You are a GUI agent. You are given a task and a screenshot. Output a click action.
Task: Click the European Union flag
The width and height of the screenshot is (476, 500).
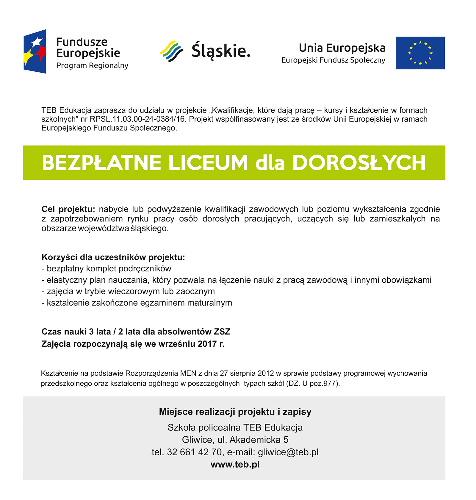pos(420,53)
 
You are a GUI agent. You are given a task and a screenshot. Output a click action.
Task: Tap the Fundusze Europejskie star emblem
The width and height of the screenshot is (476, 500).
pos(35,51)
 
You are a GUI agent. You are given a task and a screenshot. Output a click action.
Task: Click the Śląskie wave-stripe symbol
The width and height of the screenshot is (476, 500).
pos(172,51)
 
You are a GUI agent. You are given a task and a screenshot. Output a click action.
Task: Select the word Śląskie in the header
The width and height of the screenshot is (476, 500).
pos(221,51)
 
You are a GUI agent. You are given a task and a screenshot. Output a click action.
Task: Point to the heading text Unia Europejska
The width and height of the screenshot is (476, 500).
pos(342,48)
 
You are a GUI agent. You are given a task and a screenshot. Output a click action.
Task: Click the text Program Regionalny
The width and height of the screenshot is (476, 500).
pos(92,65)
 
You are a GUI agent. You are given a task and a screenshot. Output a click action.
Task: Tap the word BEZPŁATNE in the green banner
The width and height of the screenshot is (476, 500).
pos(101,163)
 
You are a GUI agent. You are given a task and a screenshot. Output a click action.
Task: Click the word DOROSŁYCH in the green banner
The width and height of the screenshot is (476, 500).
pos(359,163)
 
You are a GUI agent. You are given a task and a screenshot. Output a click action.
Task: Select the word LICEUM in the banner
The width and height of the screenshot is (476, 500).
pos(208,163)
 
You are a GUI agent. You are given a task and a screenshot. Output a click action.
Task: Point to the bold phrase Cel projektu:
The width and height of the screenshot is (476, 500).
pos(68,209)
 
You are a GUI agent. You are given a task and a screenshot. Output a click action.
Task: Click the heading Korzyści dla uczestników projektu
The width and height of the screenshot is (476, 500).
pos(113,257)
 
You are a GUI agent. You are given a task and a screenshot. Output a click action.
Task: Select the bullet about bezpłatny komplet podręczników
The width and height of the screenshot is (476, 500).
pos(107,268)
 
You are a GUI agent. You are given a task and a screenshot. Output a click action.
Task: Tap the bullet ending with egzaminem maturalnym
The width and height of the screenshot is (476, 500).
pos(137,303)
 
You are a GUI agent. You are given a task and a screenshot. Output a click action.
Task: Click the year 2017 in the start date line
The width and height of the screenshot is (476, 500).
pos(207,344)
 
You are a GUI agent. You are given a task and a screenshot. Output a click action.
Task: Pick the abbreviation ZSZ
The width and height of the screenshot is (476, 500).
pos(222,332)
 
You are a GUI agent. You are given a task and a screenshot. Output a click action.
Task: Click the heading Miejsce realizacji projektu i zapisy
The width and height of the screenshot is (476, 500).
pos(235,412)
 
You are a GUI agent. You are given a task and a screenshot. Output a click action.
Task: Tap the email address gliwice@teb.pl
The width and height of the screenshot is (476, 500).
pos(288,452)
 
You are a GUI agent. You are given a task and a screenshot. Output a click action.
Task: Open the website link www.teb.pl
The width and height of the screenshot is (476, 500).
pos(235,465)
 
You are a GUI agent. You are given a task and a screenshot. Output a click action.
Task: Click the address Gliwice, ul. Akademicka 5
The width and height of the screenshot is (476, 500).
pos(235,440)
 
